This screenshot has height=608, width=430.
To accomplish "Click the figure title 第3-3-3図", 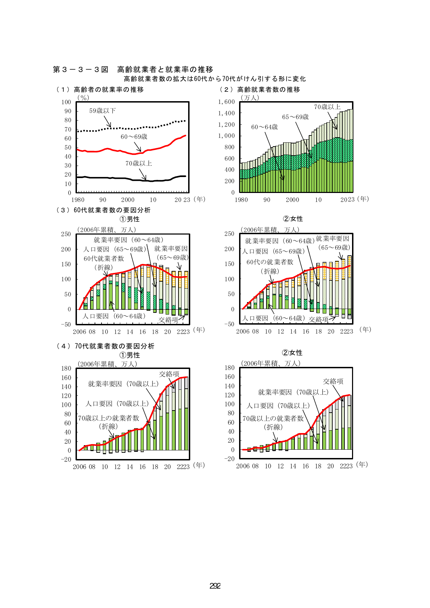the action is [x=81, y=69].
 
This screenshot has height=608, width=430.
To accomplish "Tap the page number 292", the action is [x=215, y=586].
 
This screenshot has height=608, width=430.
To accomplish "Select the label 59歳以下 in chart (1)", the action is [x=103, y=111].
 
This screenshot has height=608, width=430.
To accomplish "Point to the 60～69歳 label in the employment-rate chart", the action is [x=134, y=137].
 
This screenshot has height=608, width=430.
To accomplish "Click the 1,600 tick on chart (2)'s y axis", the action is [x=227, y=102].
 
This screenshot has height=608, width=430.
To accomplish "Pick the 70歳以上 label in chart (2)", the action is [x=327, y=107].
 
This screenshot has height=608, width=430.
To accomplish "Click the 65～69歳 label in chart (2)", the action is [x=295, y=117].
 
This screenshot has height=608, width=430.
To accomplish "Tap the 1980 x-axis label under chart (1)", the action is [x=78, y=200].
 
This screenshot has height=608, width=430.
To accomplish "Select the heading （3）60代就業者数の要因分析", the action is [x=103, y=210].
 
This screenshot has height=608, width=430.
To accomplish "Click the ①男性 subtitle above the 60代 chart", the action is [x=130, y=219].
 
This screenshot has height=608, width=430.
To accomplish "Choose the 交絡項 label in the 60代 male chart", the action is [x=168, y=320].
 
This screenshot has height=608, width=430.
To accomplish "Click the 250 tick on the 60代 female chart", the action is [x=229, y=234].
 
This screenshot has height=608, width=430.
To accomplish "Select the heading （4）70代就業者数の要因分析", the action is [x=105, y=346].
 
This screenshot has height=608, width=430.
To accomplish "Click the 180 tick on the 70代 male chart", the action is [x=66, y=368].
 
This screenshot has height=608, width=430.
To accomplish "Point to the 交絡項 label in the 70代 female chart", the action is [x=333, y=381].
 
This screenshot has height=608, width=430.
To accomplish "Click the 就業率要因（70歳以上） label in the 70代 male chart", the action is [x=123, y=384].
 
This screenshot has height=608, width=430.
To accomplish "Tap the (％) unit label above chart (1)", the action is [x=83, y=98].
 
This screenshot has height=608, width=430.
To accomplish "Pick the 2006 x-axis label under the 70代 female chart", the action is [x=243, y=466].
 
